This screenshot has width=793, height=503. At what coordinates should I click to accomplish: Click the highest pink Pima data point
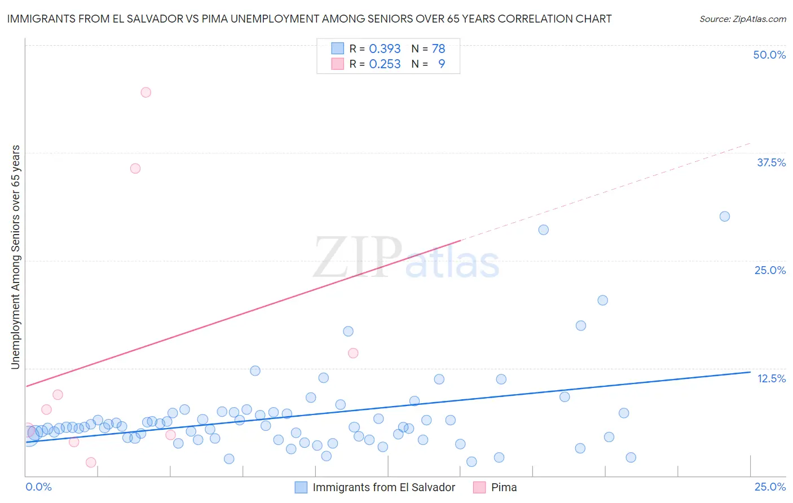click(x=146, y=92)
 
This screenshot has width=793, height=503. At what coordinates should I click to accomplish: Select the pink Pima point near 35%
click(x=135, y=168)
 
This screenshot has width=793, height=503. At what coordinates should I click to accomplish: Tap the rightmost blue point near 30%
click(x=725, y=217)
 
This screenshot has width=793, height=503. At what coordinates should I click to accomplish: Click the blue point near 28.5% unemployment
click(x=544, y=230)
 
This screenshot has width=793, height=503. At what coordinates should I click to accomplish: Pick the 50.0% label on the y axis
click(x=769, y=55)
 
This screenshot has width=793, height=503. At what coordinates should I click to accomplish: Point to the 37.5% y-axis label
click(x=771, y=162)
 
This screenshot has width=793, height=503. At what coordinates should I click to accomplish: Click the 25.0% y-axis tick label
click(x=770, y=270)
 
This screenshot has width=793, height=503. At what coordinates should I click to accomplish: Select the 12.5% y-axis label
click(x=771, y=378)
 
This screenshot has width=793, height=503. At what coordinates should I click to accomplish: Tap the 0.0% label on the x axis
click(x=39, y=487)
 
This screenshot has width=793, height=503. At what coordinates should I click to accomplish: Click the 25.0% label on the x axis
click(x=770, y=487)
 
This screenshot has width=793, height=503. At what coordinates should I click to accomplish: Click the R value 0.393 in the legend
click(x=385, y=49)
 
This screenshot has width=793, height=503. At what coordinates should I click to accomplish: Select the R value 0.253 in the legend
click(x=385, y=64)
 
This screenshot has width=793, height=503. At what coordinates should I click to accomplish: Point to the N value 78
click(x=438, y=49)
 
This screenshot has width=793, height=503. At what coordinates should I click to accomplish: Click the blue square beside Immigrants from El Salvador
click(x=301, y=487)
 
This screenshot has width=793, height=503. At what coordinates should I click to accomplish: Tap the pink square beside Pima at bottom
click(x=479, y=487)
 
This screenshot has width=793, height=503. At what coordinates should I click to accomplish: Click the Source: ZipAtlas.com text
click(x=742, y=19)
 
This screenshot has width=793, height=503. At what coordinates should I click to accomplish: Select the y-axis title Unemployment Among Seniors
click(x=15, y=257)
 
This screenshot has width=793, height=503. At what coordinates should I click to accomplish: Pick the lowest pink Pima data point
click(x=91, y=462)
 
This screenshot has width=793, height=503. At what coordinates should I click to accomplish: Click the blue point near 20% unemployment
click(x=603, y=300)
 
